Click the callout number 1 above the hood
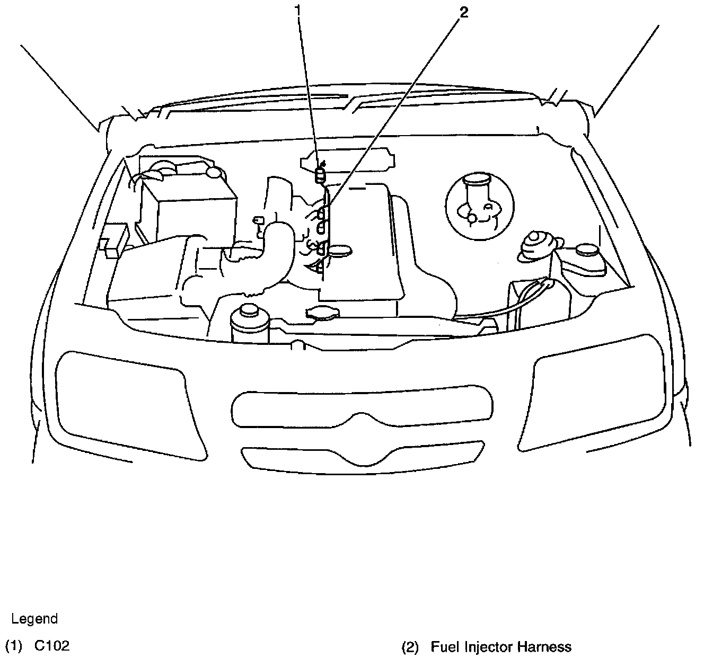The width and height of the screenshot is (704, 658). [298, 10]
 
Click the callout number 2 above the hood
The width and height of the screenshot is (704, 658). [464, 13]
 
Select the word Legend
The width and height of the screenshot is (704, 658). [34, 619]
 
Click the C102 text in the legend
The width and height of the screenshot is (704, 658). [52, 646]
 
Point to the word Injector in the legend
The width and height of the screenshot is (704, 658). [488, 647]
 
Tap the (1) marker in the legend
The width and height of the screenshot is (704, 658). [14, 646]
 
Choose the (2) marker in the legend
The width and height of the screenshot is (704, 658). [410, 647]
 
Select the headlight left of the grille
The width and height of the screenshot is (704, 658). [127, 403]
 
